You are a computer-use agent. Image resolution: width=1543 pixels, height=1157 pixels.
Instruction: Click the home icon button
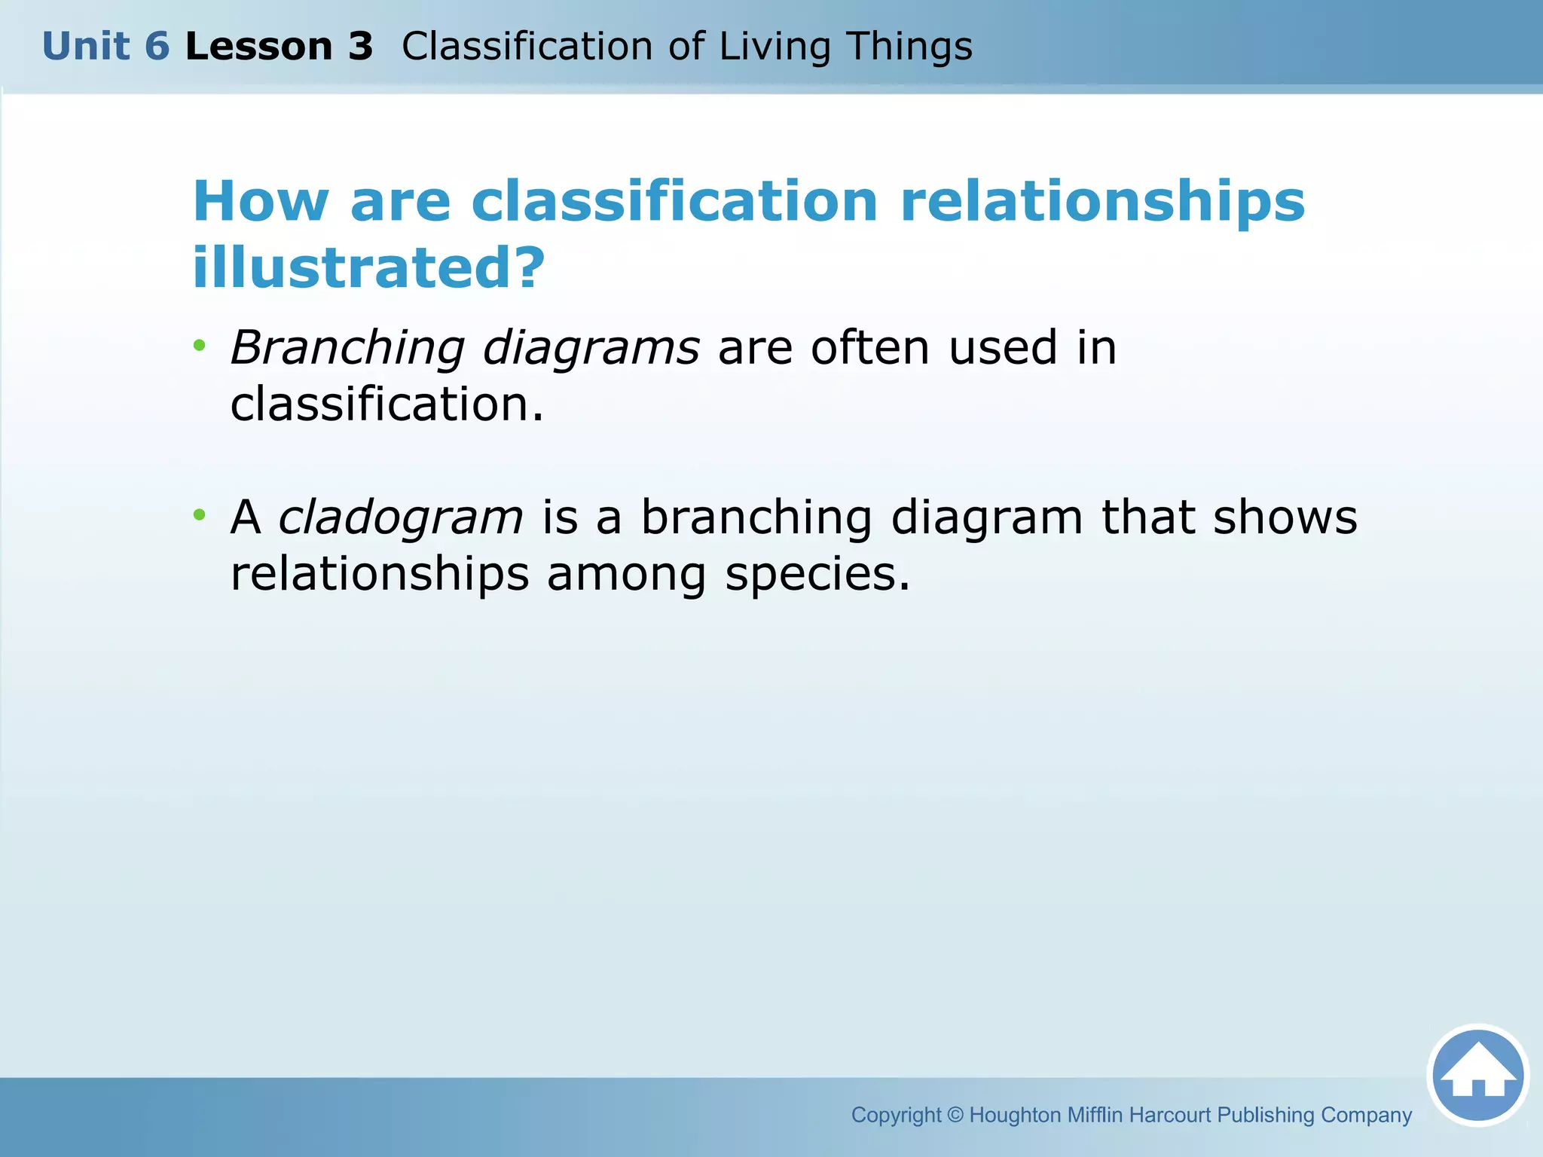coord(1477,1076)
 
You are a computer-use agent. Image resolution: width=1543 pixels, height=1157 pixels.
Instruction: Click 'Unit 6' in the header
coord(105,47)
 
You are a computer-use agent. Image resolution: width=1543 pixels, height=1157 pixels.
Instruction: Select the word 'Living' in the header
coord(775,47)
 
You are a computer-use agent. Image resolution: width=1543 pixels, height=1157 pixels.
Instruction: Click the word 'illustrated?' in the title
coord(368,267)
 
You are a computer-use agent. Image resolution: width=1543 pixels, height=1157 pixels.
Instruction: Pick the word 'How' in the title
coord(261,202)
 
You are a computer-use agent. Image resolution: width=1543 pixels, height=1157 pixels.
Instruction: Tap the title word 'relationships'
coord(1102,202)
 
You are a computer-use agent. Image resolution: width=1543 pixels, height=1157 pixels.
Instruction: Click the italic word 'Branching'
coord(347,349)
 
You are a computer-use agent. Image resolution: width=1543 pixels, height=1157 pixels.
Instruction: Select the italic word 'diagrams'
coord(591,349)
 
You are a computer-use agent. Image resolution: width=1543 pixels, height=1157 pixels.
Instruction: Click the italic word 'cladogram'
coord(400,517)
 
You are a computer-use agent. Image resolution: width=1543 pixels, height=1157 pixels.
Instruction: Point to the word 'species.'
coord(817,574)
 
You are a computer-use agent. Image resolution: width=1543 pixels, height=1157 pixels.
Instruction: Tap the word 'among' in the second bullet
coord(626,574)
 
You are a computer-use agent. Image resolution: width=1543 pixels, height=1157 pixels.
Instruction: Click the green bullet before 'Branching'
coord(199,346)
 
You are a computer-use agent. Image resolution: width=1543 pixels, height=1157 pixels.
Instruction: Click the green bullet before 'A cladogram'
coord(199,515)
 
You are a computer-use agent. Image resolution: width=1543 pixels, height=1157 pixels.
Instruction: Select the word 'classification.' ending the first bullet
coord(387,404)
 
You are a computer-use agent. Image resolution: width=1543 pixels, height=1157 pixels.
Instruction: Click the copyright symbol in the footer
coord(955,1114)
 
